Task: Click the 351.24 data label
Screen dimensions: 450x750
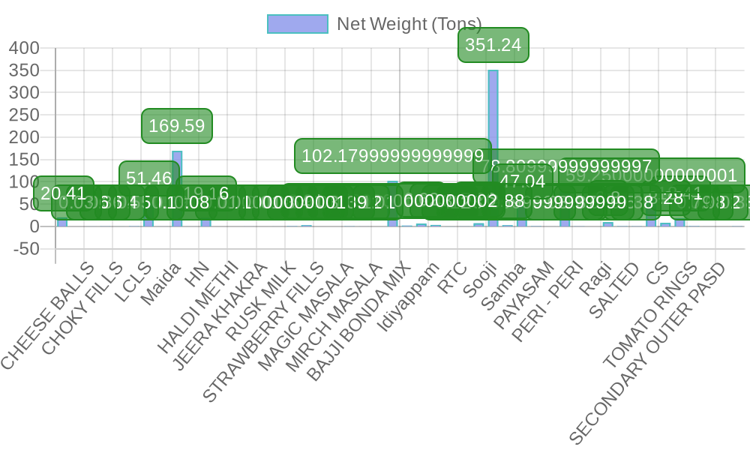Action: click(x=493, y=45)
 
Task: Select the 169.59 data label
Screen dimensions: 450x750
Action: click(x=177, y=126)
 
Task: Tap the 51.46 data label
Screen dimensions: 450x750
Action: click(x=148, y=178)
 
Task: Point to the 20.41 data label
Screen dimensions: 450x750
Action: click(x=63, y=193)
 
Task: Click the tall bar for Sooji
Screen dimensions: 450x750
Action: click(x=493, y=150)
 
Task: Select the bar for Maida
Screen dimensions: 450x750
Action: click(x=177, y=187)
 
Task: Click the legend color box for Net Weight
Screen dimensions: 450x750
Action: click(x=298, y=24)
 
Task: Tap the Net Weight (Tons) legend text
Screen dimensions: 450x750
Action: click(x=409, y=24)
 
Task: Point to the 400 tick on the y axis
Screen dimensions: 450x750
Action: click(x=24, y=48)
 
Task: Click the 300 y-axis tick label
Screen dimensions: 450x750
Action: click(x=24, y=92)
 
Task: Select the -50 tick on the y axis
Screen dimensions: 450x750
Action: click(x=25, y=248)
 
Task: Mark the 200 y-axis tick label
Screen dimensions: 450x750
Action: click(x=24, y=137)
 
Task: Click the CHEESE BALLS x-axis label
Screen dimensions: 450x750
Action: click(x=49, y=315)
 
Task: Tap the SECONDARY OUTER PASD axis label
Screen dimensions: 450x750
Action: click(x=649, y=352)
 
